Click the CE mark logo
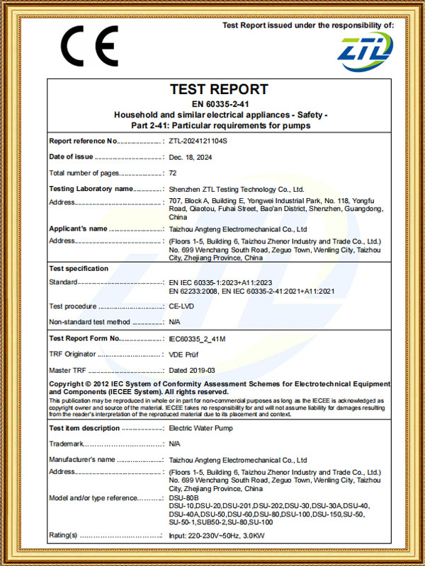[89, 46]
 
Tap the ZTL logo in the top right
[363, 50]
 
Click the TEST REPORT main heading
[220, 90]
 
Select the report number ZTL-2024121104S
[198, 141]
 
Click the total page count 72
[173, 173]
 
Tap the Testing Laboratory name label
[91, 189]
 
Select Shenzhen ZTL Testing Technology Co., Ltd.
[237, 190]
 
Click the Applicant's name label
[79, 229]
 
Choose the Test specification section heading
[79, 269]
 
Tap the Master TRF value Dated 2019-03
[192, 370]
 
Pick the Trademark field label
[67, 444]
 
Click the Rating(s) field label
[63, 535]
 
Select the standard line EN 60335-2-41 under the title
[220, 104]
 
